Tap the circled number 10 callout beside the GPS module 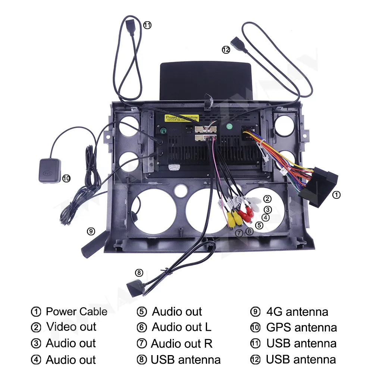(66, 178)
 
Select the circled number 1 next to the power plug (336, 194)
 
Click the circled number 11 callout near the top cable (147, 25)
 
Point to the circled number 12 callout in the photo (226, 50)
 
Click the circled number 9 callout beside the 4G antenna (91, 231)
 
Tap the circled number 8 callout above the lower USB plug (139, 273)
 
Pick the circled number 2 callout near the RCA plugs (267, 199)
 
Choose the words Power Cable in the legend (76, 311)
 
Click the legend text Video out (71, 327)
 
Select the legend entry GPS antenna (301, 327)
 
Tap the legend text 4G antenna (297, 311)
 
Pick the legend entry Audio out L (182, 327)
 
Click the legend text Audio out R (182, 344)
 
